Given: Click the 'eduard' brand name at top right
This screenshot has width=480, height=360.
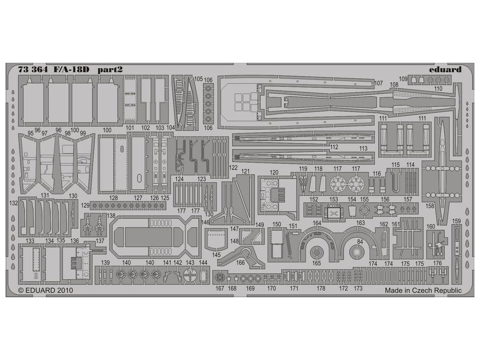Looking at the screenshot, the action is [x=445, y=69].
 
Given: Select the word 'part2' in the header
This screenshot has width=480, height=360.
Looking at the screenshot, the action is [x=111, y=69].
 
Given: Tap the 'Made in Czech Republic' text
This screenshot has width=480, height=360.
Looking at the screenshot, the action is [x=423, y=291].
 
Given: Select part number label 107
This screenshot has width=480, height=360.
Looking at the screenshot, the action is [x=379, y=83].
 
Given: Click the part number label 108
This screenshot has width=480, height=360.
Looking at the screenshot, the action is [x=394, y=85].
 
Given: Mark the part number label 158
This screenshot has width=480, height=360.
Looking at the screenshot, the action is [x=430, y=205].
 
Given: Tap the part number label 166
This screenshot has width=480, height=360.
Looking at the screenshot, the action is [x=240, y=262].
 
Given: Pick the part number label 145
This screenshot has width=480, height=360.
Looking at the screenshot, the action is [x=216, y=255].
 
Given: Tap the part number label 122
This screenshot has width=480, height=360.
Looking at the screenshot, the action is [x=233, y=167].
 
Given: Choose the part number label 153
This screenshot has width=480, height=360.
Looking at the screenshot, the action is [x=333, y=199].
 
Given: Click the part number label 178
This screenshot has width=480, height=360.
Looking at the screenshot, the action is [x=321, y=288].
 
